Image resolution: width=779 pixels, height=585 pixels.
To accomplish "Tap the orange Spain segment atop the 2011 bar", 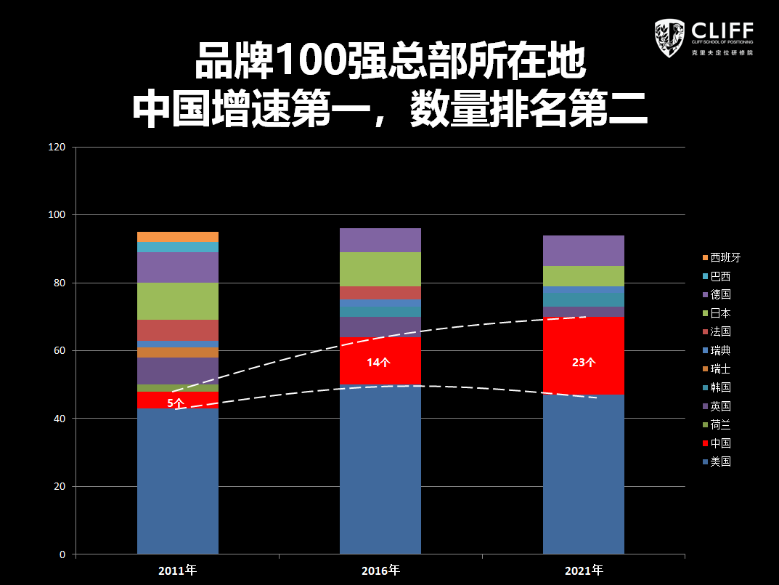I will [178, 237].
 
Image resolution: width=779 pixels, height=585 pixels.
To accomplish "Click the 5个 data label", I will [176, 403].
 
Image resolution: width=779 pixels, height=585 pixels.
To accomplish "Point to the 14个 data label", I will [378, 362].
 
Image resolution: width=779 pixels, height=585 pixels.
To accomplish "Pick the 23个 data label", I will [584, 362].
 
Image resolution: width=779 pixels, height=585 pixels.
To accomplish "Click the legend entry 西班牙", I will [725, 257].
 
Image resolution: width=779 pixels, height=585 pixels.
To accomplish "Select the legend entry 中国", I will [720, 443].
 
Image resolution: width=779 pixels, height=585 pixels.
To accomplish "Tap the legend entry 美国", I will [720, 461].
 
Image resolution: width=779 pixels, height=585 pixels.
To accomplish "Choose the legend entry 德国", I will [720, 294].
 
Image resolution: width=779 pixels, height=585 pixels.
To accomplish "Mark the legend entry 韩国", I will [720, 387].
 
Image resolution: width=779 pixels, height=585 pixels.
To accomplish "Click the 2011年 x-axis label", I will [178, 570].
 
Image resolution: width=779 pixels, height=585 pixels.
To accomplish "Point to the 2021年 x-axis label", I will [584, 570].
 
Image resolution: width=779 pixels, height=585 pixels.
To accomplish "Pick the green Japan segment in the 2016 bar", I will [380, 269].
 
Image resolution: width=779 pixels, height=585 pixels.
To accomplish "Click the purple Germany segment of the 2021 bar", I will [584, 251].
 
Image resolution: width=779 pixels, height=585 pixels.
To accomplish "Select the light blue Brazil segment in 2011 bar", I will [178, 247].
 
